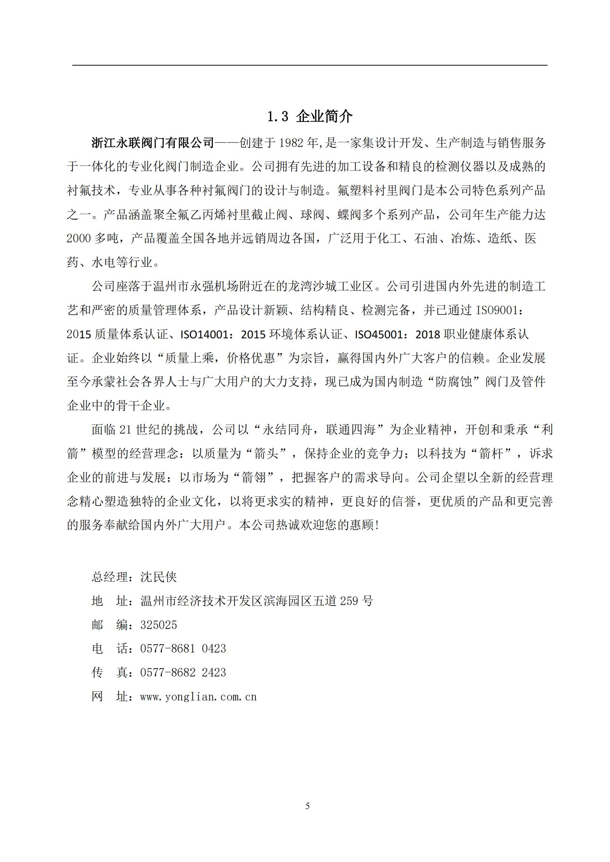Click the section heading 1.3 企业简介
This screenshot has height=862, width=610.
click(309, 117)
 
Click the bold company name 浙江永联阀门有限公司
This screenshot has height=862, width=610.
click(153, 143)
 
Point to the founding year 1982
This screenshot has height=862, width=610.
click(291, 143)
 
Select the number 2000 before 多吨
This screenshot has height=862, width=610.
click(79, 238)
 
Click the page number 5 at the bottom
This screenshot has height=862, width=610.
click(308, 806)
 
